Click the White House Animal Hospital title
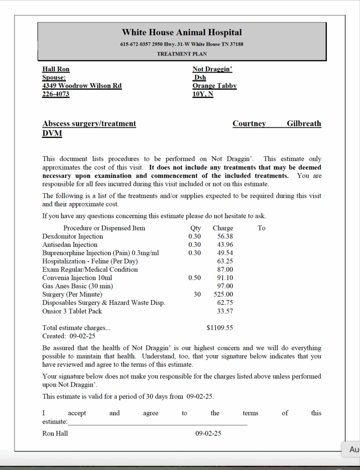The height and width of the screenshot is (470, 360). click(181, 33)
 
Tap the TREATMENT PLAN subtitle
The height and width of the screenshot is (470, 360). click(182, 54)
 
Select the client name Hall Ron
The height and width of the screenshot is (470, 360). click(56, 69)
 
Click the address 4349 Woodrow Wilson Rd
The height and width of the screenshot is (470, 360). click(82, 86)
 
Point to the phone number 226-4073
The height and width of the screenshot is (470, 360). click(56, 94)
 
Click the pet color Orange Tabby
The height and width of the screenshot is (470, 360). click(214, 86)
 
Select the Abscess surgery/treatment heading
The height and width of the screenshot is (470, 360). click(89, 123)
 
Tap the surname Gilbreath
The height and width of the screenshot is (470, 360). click(304, 123)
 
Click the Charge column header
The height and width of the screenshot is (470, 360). click(223, 228)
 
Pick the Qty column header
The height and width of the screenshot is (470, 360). click(196, 228)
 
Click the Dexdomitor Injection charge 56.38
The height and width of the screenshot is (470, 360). click(225, 236)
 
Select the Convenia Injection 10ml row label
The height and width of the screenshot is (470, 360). click(77, 278)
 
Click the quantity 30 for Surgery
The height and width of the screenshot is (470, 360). click(197, 294)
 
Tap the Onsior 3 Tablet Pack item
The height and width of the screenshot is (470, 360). click(72, 311)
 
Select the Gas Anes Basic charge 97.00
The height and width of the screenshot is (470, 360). click(225, 286)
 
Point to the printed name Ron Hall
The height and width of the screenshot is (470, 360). click(55, 433)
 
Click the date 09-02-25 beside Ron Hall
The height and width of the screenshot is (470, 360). click(208, 433)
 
